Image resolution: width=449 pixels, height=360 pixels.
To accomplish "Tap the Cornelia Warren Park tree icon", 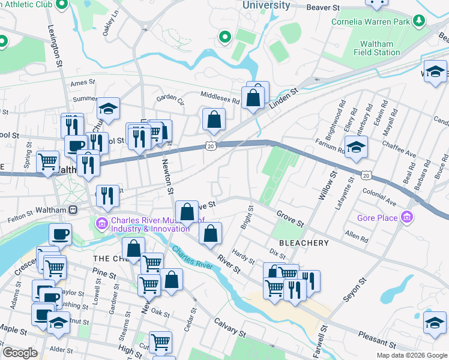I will (x=419, y=22).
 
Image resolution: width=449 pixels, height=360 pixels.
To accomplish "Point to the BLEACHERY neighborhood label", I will (x=303, y=243).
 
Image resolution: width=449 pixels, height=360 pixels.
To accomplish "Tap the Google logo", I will (x=19, y=353).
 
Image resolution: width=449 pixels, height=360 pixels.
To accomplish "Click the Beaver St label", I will (x=323, y=8).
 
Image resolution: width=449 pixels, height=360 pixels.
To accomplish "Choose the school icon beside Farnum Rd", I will (x=356, y=148).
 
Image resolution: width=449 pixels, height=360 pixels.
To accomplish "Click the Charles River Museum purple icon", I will (x=101, y=224).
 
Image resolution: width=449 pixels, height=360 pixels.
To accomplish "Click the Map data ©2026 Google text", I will (x=411, y=355).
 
